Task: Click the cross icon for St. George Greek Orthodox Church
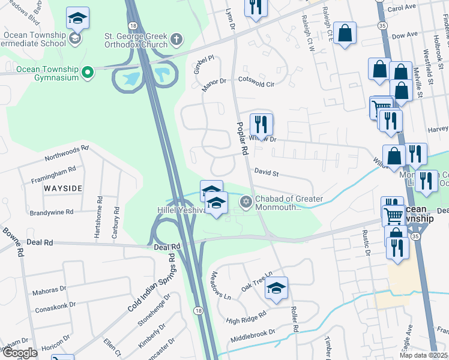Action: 176,40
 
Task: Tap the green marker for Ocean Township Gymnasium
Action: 88,73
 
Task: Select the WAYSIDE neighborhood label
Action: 62,188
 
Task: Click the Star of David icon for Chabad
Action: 245,202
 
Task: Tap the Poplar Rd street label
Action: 242,139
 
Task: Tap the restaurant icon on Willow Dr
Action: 261,124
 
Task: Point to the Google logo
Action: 19,353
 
